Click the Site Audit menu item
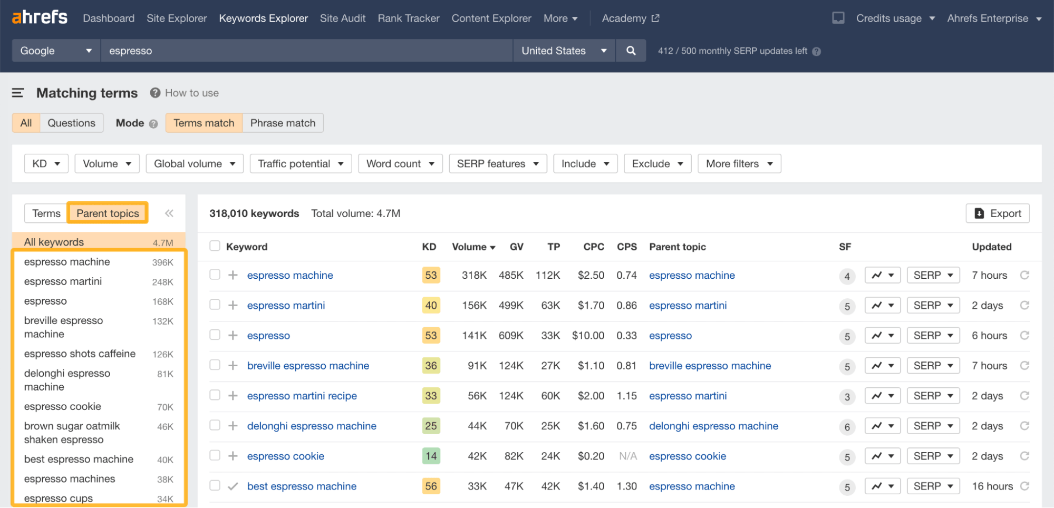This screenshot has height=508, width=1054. coord(342,18)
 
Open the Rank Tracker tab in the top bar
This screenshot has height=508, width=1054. coord(408,18)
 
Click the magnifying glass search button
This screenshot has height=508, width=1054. coord(631,51)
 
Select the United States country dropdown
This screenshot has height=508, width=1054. coord(564,51)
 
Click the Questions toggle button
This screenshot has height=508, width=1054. coord(71,123)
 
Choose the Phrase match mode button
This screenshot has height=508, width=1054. coord(283,123)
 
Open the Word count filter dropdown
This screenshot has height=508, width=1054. coord(400,164)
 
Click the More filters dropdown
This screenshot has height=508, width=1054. coord(739,164)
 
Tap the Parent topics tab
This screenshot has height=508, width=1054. coord(108,213)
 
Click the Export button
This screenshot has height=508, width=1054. coord(997,213)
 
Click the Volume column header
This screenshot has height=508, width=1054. coord(473,247)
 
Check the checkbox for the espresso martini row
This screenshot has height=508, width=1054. coord(215,305)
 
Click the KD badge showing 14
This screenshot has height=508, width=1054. coord(431,456)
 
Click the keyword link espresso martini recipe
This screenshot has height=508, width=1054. coord(302,396)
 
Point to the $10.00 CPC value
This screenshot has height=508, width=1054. coord(588,336)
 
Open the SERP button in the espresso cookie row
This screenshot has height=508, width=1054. coord(933,456)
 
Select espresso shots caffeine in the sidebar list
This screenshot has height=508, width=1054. coord(80,354)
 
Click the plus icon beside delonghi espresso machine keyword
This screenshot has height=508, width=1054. coord(233,426)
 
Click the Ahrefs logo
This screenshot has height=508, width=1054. coord(40,17)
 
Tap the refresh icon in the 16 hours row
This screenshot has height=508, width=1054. coord(1024,486)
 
